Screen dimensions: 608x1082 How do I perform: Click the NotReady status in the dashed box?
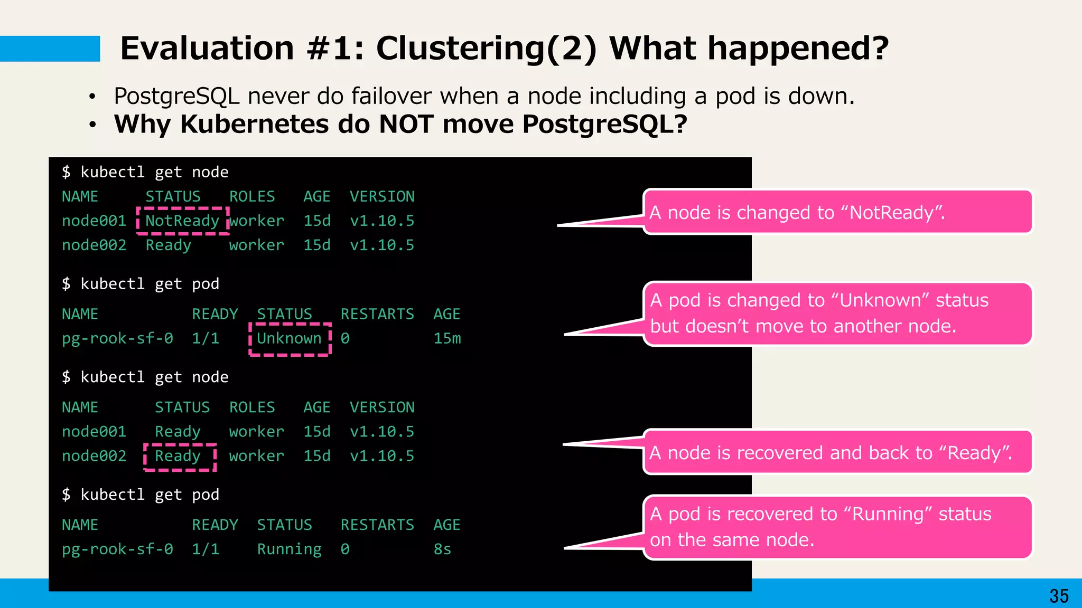tap(182, 221)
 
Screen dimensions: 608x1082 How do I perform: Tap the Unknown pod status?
tap(289, 338)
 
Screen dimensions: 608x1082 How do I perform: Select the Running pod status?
tap(289, 549)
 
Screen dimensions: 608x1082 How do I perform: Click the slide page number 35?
tap(1059, 596)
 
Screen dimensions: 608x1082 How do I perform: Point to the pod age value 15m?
tap(447, 338)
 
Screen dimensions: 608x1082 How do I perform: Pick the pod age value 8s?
tap(442, 549)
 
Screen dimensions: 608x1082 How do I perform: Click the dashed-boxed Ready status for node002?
tap(178, 456)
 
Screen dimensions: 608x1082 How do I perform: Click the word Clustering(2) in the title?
tap(487, 49)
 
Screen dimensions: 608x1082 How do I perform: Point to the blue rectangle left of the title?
tap(50, 49)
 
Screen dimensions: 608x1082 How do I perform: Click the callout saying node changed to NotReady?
tap(837, 212)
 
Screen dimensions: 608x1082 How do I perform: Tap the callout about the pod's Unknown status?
tap(837, 313)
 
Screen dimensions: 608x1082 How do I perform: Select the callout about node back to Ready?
tap(837, 452)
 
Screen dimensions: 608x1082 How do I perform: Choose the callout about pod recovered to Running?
tap(837, 527)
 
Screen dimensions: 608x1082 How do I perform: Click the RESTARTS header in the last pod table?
tap(377, 525)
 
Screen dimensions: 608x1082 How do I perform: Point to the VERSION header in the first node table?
tap(382, 196)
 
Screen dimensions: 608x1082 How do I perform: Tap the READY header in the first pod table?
tap(214, 314)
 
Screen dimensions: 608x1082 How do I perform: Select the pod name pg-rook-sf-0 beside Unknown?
tap(117, 338)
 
